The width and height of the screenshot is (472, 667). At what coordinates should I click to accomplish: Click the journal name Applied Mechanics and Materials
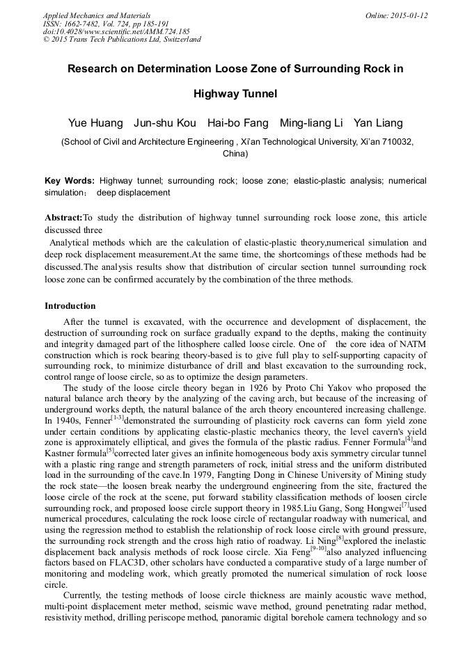(x=96, y=15)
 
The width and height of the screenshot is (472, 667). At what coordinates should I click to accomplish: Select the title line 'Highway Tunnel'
(x=235, y=93)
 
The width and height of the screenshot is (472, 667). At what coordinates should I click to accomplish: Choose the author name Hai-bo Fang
(x=238, y=123)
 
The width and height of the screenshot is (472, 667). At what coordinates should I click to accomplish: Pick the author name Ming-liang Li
(x=311, y=123)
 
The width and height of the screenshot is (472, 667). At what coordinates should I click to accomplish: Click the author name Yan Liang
(x=378, y=123)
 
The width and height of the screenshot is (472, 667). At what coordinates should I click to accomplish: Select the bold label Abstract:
(x=63, y=218)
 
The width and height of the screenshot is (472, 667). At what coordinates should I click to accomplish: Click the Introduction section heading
(x=70, y=306)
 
